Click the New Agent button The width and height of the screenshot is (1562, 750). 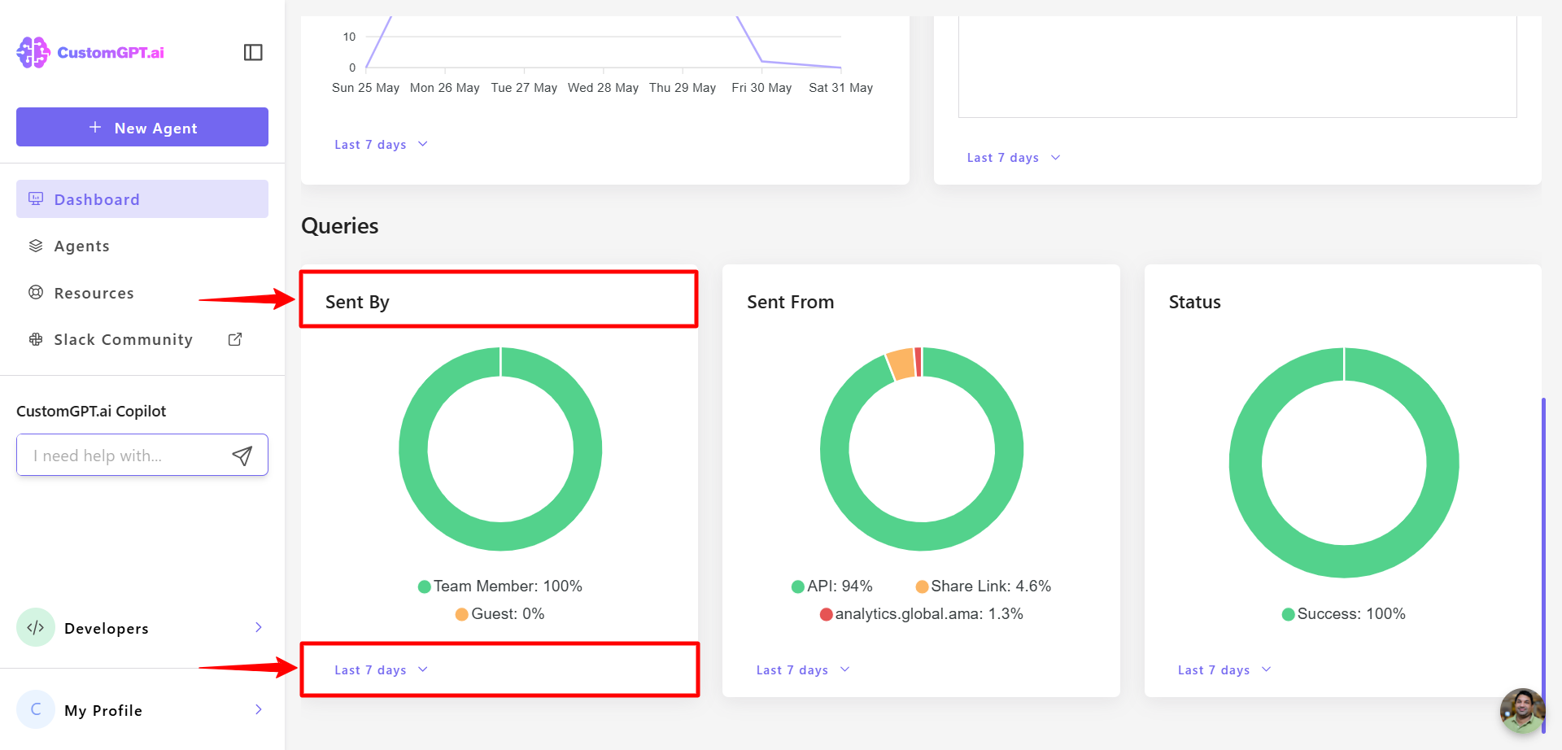pyautogui.click(x=142, y=128)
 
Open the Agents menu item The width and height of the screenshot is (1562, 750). pyautogui.click(x=81, y=246)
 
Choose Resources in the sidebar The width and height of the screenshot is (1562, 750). pyautogui.click(x=94, y=294)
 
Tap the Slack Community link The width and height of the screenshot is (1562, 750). pyautogui.click(x=123, y=340)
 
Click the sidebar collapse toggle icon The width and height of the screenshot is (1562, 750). pyautogui.click(x=253, y=53)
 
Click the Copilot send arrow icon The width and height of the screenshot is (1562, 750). pyautogui.click(x=242, y=456)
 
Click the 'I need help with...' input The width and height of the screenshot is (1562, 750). pyautogui.click(x=122, y=456)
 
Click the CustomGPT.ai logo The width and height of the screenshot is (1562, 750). pyautogui.click(x=90, y=53)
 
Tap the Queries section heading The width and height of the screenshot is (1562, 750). pyautogui.click(x=340, y=226)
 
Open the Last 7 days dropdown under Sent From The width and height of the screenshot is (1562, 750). pyautogui.click(x=802, y=670)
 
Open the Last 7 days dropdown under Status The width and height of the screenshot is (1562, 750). pyautogui.click(x=1224, y=670)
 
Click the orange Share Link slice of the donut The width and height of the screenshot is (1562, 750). pyautogui.click(x=901, y=364)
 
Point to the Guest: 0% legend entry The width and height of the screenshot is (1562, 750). pyautogui.click(x=500, y=614)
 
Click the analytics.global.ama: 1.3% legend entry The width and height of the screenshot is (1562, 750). pyautogui.click(x=921, y=614)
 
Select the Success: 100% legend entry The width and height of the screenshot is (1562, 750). pyautogui.click(x=1343, y=614)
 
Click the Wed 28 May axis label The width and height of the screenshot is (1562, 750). pyautogui.click(x=603, y=88)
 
